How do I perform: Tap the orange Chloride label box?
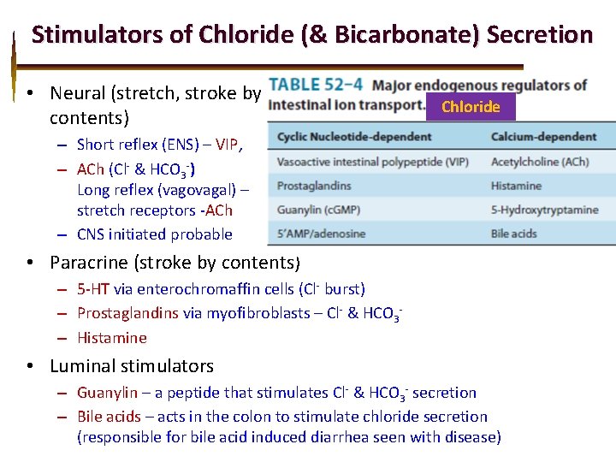pos(471,107)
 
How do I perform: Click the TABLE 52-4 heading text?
pos(316,85)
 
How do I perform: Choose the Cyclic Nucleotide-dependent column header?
pos(354,136)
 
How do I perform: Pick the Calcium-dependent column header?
pos(543,136)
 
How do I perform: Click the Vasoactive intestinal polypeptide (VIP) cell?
pos(372,162)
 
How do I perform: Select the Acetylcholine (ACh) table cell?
pos(539,162)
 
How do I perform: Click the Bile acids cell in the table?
pos(513,234)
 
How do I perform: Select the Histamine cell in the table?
pos(516,186)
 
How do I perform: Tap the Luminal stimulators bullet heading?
pos(132,366)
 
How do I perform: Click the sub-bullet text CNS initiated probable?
pos(155,234)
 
